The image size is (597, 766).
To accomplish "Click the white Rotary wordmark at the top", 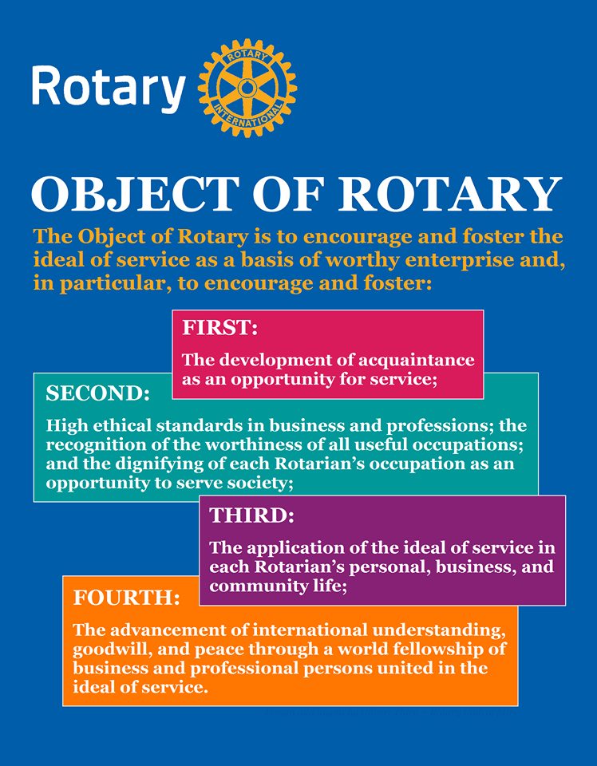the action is click(x=109, y=89).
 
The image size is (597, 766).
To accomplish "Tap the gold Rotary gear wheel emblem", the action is click(x=247, y=88).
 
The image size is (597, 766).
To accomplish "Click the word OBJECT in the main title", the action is click(x=136, y=195).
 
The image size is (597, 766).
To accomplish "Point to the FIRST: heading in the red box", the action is click(x=219, y=328).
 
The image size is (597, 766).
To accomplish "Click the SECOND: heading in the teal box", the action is click(x=97, y=393).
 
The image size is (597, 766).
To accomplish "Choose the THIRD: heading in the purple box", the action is click(x=252, y=515).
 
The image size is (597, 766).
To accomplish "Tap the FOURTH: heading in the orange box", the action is click(x=127, y=598).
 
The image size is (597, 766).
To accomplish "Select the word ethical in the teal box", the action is click(x=122, y=425).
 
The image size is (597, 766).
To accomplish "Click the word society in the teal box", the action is click(x=263, y=484).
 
